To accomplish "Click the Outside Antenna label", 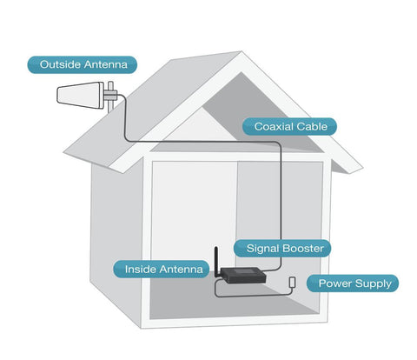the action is click(83, 64).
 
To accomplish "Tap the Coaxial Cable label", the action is click(289, 127).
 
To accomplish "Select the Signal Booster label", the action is click(282, 249).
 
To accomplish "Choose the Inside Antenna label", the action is click(162, 270).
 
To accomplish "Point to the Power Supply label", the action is click(353, 283).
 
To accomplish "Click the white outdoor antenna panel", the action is click(81, 95).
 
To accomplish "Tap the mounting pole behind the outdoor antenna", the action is click(110, 97).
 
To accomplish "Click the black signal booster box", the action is click(242, 276).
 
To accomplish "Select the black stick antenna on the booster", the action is click(216, 263).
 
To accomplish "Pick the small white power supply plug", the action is click(292, 282).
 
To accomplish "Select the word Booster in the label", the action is click(303, 249).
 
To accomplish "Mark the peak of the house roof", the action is click(242, 51).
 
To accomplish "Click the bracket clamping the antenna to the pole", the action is click(110, 94).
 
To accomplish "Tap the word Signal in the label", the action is click(263, 249).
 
